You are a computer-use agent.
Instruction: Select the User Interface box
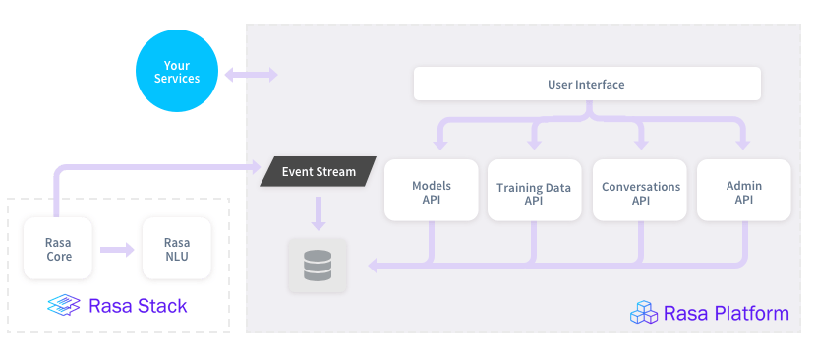(586, 85)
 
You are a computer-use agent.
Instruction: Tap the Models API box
(431, 191)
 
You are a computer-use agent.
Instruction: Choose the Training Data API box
(534, 191)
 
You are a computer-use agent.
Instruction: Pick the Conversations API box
(640, 191)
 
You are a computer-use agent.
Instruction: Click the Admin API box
(743, 191)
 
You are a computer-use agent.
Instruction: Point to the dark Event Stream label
(318, 172)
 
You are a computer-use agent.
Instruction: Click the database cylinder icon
(318, 265)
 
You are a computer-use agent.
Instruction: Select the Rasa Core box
(57, 249)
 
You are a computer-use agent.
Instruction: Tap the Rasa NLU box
(176, 249)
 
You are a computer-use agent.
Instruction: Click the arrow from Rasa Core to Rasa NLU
(117, 249)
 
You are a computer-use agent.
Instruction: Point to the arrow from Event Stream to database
(318, 212)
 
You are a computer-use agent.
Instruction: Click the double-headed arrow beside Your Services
(251, 75)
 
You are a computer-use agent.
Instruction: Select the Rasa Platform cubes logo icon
(643, 313)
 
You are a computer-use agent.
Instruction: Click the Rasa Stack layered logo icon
(65, 305)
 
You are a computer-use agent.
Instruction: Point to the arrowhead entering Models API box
(431, 147)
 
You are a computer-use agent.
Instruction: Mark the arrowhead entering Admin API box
(743, 147)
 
